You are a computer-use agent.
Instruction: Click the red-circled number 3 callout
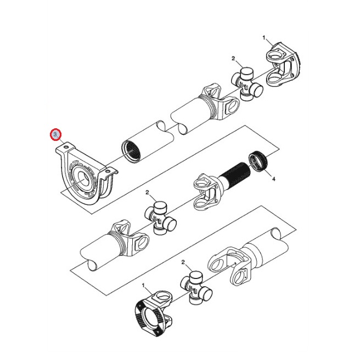coord(55,134)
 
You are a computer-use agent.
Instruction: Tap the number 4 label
coord(273,179)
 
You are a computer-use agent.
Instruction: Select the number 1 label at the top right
coord(264,38)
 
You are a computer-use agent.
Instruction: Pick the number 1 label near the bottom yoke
coord(143,285)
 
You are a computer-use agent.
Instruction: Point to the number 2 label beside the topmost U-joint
coord(233,59)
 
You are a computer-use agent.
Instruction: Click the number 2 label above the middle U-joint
coord(147,192)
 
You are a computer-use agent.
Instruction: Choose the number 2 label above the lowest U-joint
coord(183,263)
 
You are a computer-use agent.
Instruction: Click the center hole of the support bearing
coord(82,179)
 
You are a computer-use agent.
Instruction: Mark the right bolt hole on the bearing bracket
coord(107,172)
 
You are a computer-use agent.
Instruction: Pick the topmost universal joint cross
coord(247,84)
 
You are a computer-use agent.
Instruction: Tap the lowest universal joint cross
coord(196,288)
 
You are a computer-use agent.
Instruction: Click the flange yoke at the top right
coord(283,65)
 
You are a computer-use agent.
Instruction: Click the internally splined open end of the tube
coord(131,150)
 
